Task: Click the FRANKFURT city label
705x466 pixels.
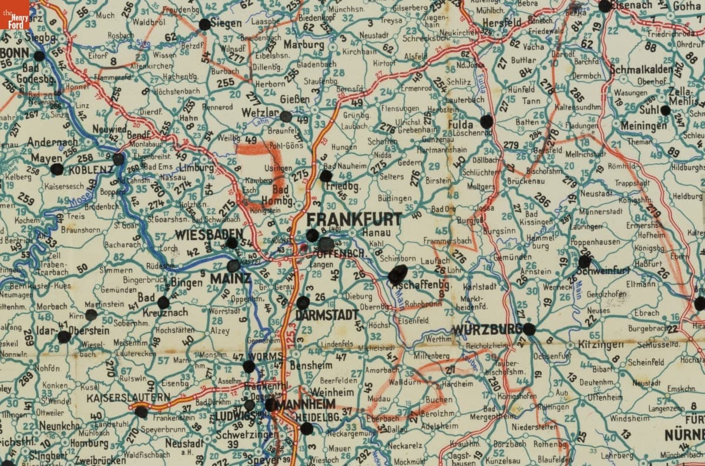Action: tap(354, 220)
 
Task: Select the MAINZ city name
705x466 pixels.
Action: tap(230, 279)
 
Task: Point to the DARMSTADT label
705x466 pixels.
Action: tap(327, 315)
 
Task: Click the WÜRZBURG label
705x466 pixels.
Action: tap(487, 330)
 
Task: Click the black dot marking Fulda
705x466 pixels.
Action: tap(486, 121)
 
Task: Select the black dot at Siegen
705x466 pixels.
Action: tap(204, 24)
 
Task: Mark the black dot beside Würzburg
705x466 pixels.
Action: tap(529, 329)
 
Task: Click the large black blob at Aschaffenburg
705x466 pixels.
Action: tap(398, 275)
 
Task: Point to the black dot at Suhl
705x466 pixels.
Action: tap(665, 110)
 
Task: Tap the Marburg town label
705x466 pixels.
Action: tap(304, 45)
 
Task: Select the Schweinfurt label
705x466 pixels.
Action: tap(603, 271)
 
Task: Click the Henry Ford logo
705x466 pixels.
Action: tap(15, 15)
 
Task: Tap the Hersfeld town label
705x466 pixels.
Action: tap(503, 22)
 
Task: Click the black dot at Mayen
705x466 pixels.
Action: tap(57, 169)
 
